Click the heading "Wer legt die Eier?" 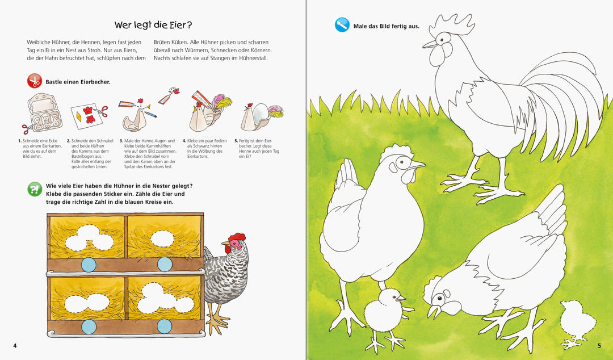(153, 25)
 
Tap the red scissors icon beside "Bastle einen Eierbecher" (35, 81)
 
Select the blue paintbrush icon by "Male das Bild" (342, 25)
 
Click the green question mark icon (35, 190)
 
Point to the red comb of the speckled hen (237, 237)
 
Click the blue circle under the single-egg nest (165, 265)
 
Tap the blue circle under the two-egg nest (89, 326)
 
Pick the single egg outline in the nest (162, 238)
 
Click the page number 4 (15, 346)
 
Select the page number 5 (599, 346)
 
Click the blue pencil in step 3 (150, 114)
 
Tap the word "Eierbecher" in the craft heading (95, 82)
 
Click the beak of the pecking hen (432, 311)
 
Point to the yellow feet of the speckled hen (217, 321)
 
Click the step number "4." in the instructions (184, 141)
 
